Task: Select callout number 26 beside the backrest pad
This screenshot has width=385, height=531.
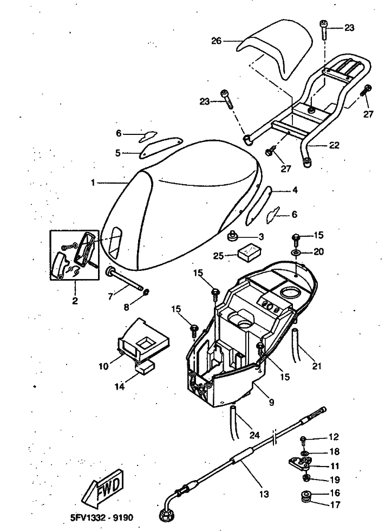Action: point(217,41)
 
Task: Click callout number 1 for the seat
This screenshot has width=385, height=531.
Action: point(93,183)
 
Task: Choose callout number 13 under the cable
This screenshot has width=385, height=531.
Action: point(264,494)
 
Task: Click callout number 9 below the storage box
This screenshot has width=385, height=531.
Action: point(271,403)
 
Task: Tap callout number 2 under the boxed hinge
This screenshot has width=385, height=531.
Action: point(75,300)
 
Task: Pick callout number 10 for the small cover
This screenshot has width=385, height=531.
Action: point(103,366)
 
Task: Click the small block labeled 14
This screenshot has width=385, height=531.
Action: point(144,368)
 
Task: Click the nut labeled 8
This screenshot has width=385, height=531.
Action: point(147,294)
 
